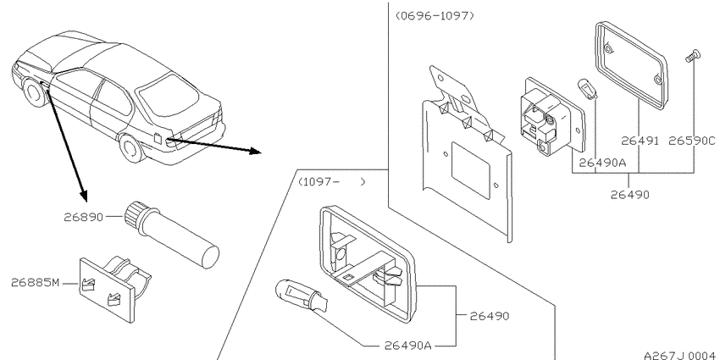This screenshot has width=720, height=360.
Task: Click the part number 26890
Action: point(84,216)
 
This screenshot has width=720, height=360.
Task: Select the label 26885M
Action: point(35,282)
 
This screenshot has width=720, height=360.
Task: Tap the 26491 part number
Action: point(640,141)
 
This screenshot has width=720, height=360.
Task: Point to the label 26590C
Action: point(692,141)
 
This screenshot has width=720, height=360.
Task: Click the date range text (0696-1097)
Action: point(435,15)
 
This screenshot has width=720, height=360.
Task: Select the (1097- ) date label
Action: point(332,182)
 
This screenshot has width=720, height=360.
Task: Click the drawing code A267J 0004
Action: point(679,355)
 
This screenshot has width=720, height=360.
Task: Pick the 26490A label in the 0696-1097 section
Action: point(602,163)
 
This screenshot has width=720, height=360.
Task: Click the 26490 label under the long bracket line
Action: point(630,195)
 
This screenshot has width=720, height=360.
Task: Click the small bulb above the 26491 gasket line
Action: point(587,89)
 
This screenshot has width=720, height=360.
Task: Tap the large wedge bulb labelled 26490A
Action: point(302,296)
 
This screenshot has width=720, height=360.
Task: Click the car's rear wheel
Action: point(131,147)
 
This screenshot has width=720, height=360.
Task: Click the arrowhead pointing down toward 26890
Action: point(83,196)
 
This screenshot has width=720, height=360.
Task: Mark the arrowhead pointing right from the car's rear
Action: point(255,151)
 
